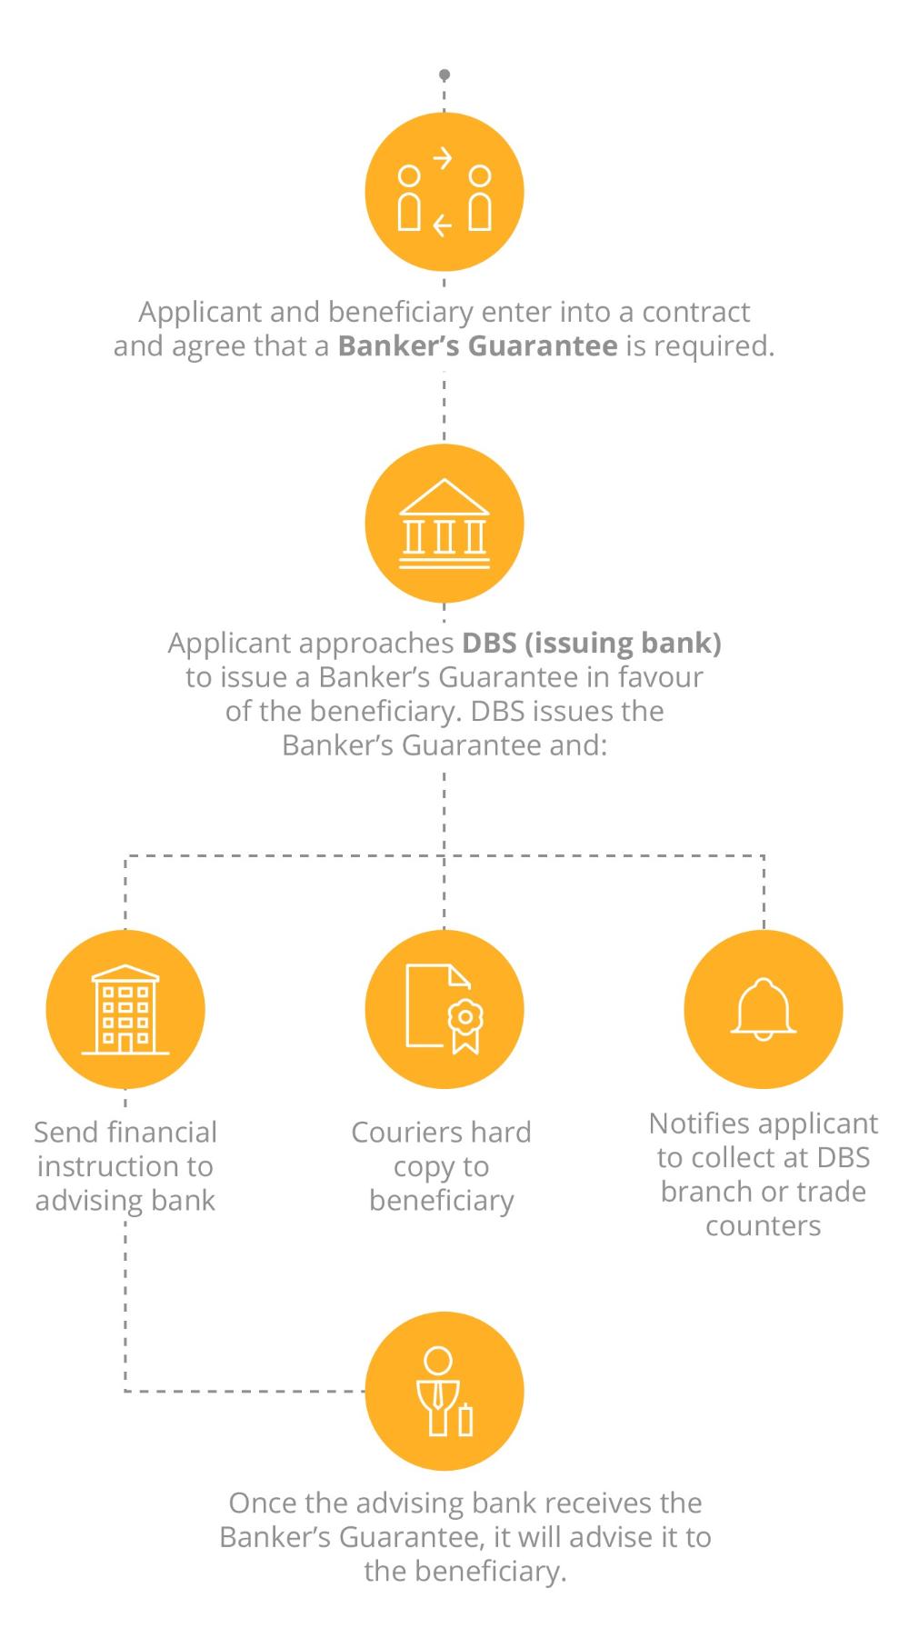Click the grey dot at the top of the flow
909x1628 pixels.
click(x=444, y=75)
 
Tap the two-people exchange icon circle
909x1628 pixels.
click(x=444, y=192)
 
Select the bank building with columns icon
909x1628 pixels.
click(x=444, y=524)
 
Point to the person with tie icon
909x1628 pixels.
click(x=444, y=1391)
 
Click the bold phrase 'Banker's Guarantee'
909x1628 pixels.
click(x=477, y=346)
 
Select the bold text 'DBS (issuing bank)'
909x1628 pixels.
click(x=591, y=643)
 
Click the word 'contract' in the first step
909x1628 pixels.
click(x=695, y=312)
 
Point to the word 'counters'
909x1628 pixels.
click(x=763, y=1226)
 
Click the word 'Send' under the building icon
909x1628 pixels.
click(x=66, y=1133)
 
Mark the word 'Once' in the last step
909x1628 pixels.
click(x=265, y=1503)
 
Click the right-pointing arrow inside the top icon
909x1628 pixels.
click(x=443, y=160)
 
